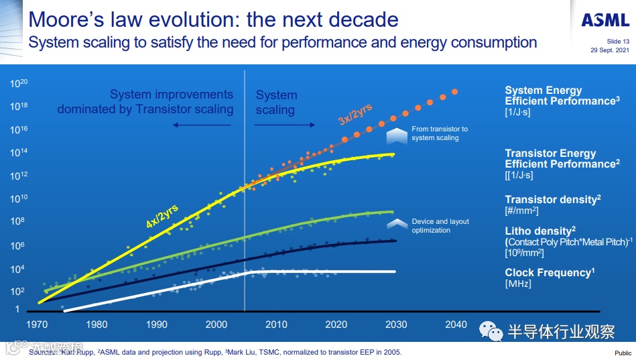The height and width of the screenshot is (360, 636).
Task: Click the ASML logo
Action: (x=605, y=21)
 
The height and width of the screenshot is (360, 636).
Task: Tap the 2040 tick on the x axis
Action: (x=456, y=324)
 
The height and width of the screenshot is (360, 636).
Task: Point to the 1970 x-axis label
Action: (x=37, y=324)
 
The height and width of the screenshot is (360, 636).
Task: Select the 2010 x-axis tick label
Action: (x=276, y=324)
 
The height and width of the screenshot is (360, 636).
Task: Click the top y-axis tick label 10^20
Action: (x=18, y=84)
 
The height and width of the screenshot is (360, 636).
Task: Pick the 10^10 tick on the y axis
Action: (x=18, y=198)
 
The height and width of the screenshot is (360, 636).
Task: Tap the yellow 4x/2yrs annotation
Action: (x=162, y=216)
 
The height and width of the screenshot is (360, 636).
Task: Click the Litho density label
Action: (x=541, y=231)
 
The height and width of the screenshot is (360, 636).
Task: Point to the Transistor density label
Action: (x=551, y=200)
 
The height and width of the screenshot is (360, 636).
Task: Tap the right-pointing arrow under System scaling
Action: (x=285, y=124)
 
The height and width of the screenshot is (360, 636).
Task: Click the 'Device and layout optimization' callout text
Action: (x=440, y=226)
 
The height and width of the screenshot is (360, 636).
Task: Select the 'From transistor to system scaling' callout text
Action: (x=440, y=133)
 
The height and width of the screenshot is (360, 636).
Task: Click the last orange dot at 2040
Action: (x=455, y=92)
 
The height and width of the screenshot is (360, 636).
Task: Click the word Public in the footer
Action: (x=623, y=353)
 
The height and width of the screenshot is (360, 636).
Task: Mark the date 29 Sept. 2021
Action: (x=610, y=50)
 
